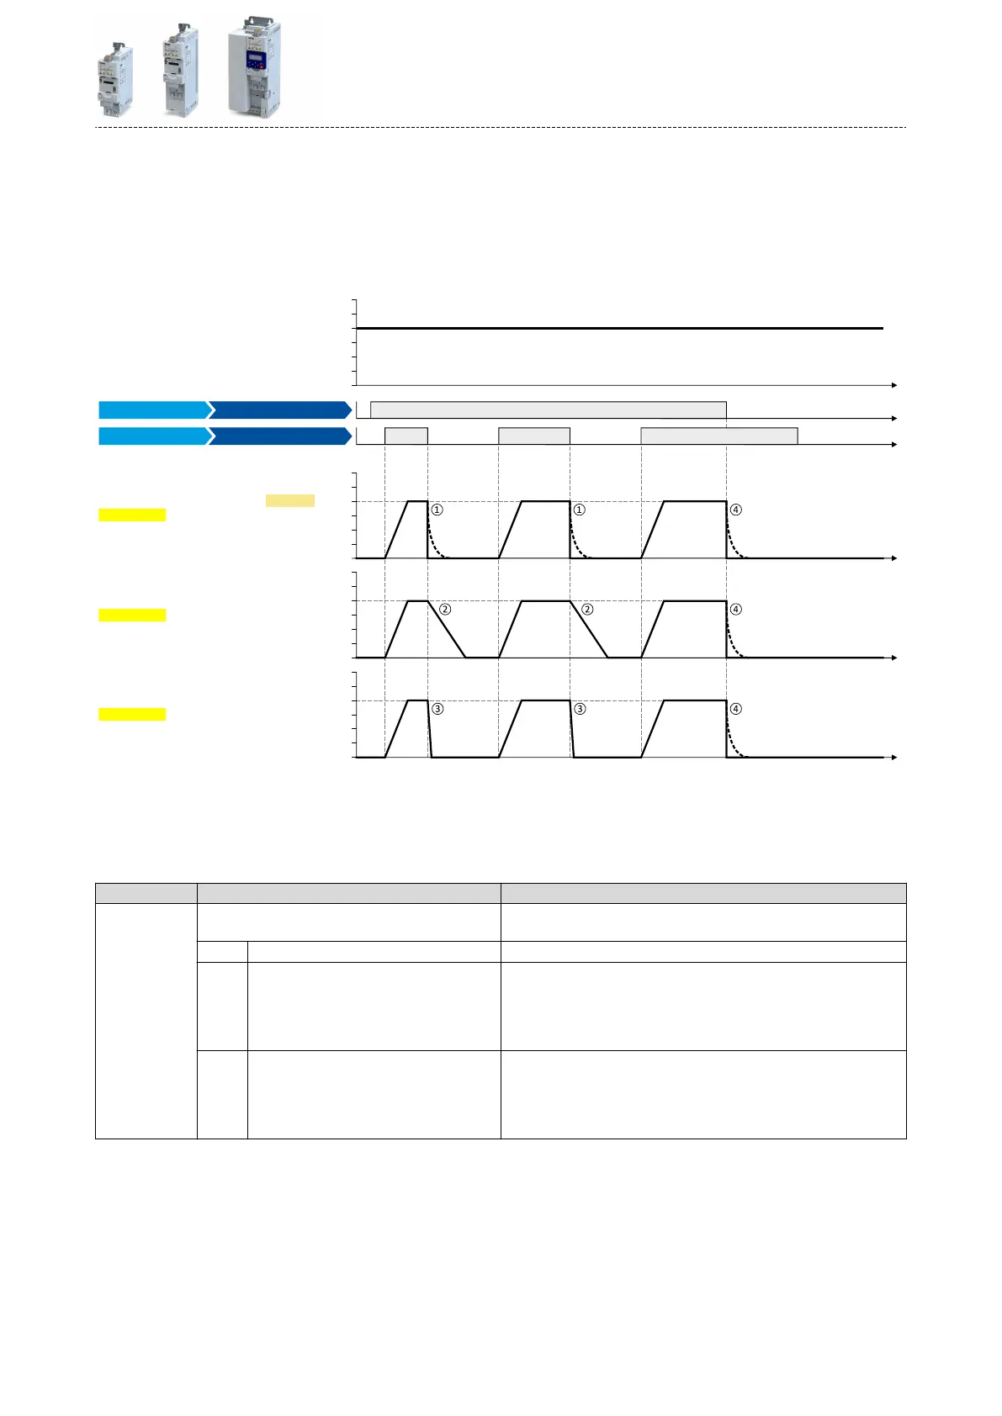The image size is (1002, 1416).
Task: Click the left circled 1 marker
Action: [437, 510]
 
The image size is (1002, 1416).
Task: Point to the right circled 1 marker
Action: [579, 510]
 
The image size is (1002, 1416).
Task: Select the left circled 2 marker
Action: [445, 609]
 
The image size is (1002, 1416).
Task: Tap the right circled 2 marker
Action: [587, 609]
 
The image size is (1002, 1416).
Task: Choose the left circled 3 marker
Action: [437, 709]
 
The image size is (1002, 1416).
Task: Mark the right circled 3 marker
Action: [579, 709]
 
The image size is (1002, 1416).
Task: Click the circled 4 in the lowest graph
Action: [735, 709]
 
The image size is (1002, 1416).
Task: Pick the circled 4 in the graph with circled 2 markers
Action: [735, 609]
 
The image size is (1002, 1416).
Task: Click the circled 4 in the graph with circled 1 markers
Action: [735, 510]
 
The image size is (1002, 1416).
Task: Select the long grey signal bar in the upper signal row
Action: [548, 409]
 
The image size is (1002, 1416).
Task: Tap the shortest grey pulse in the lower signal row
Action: [406, 436]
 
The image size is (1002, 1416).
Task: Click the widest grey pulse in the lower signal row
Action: [718, 436]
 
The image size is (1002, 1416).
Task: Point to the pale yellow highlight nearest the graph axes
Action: [290, 500]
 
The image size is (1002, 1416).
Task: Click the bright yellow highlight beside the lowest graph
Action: [132, 715]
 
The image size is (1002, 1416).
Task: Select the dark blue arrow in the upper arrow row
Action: [280, 409]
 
